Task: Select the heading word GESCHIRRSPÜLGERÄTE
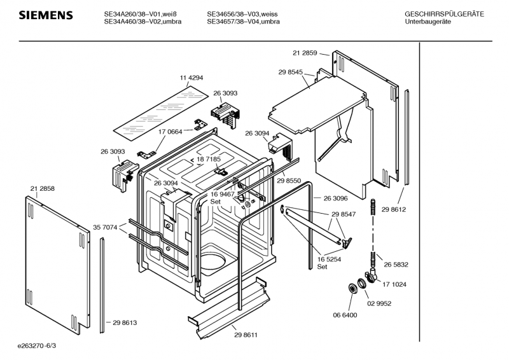click(x=444, y=14)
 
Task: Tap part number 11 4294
click(x=192, y=78)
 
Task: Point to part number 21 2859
click(x=305, y=53)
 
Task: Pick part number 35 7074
click(x=106, y=227)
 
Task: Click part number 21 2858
click(x=42, y=189)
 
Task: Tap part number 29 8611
click(x=246, y=335)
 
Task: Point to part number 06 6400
click(x=344, y=315)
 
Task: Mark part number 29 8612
click(x=394, y=209)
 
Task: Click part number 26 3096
click(x=336, y=198)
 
